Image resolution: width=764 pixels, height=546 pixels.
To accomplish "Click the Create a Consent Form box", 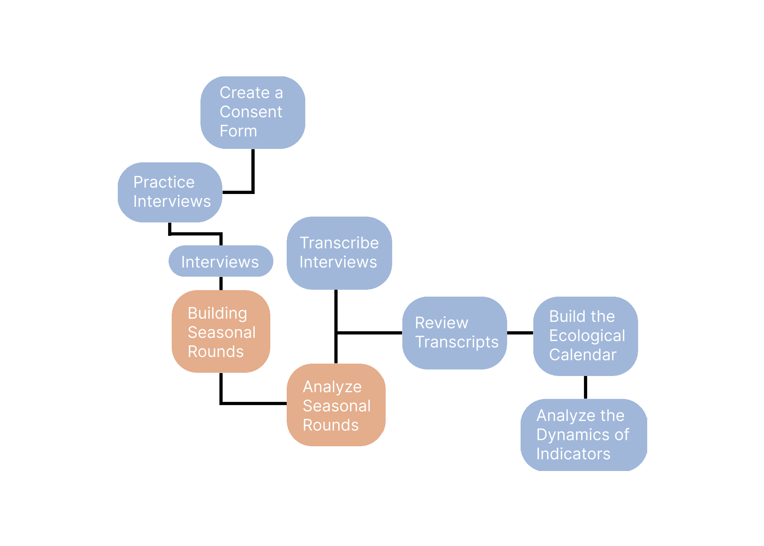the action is coord(253,112).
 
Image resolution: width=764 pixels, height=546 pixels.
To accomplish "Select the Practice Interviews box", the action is coord(170,192).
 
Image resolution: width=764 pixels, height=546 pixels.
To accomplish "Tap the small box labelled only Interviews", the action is coord(221,261).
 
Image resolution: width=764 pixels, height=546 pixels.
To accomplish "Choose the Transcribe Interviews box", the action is coord(339,253).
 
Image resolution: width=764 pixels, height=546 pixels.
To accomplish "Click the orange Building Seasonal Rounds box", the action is coord(221,331).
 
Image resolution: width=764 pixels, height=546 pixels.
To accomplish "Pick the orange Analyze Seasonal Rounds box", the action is coord(336,405).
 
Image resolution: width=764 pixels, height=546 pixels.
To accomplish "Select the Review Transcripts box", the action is coord(454,333).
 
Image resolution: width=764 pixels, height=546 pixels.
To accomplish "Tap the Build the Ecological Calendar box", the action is coord(585,336).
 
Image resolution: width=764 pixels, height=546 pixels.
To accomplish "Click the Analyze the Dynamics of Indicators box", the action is coord(584,435).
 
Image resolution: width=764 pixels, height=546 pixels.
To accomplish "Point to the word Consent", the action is coord(251,112).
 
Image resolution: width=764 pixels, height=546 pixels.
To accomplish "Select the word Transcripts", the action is coord(457,342).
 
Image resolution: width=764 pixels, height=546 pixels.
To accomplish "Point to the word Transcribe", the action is coord(339,243).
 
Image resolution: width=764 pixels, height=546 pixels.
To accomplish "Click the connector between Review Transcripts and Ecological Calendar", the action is coord(520,333).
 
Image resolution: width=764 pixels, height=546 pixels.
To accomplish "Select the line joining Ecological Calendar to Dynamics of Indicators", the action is coord(585,387).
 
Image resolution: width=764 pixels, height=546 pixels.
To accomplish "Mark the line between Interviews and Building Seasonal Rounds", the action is coord(221,283).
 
